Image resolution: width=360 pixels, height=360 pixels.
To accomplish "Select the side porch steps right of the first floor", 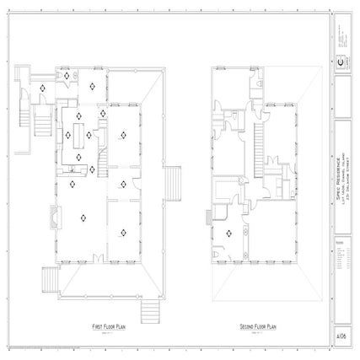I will pos(175,180).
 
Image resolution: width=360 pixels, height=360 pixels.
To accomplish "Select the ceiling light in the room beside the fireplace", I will pos(83,218).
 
